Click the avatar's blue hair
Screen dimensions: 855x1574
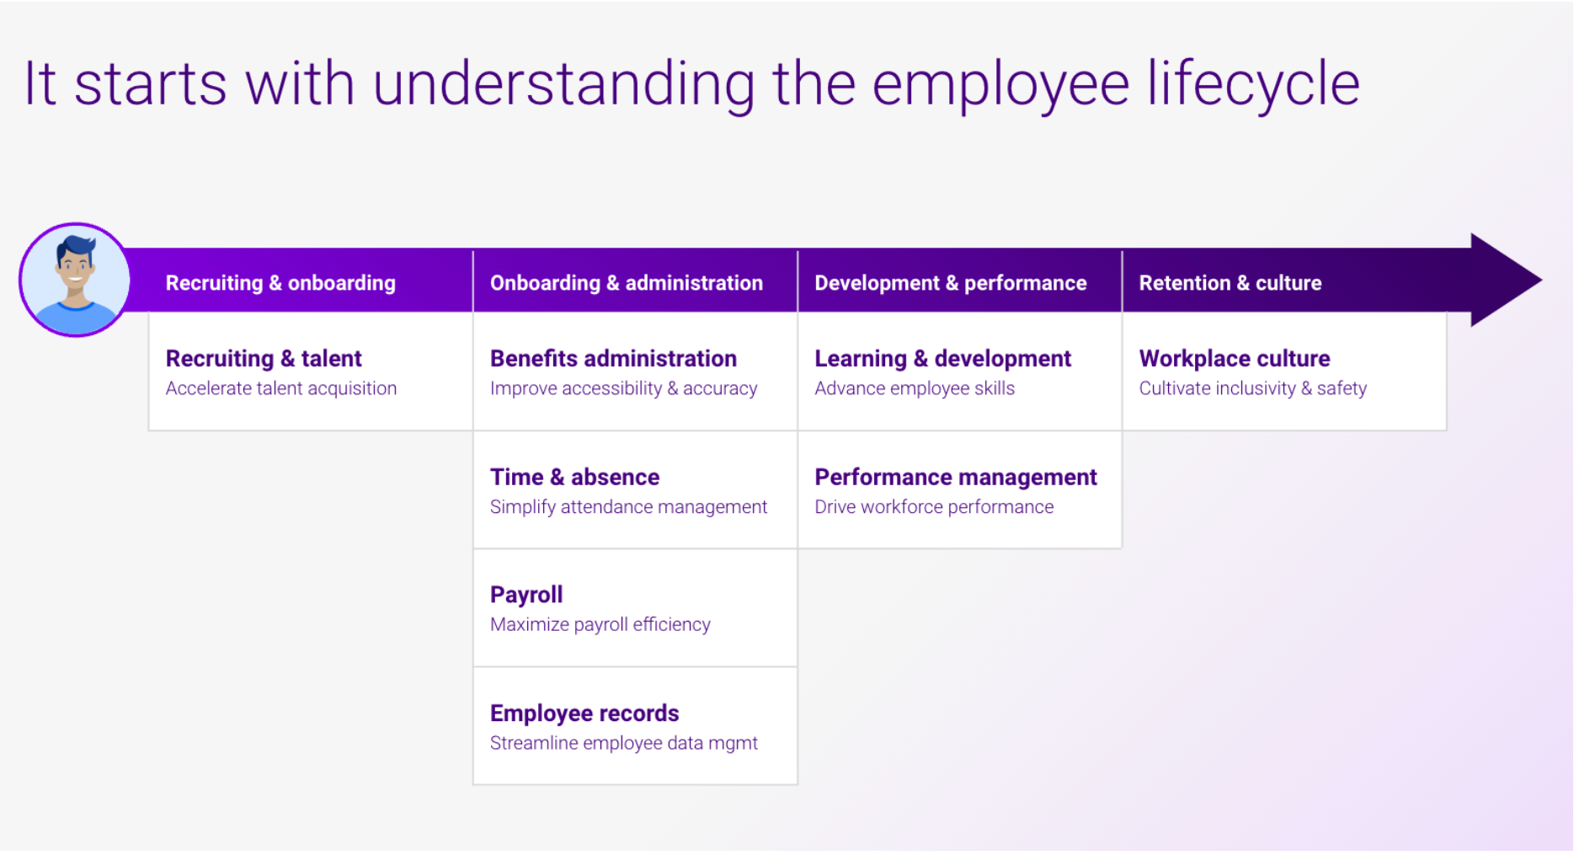tap(77, 247)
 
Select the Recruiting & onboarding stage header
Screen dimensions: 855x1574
tap(280, 283)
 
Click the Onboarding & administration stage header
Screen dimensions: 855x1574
tap(627, 283)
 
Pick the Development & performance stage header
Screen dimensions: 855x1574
tap(950, 283)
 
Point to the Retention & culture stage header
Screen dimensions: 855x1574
tap(1230, 283)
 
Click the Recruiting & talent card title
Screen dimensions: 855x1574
tap(264, 359)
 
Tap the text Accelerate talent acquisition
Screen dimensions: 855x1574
tap(280, 388)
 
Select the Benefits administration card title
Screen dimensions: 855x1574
tap(613, 359)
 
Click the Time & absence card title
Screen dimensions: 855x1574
tap(574, 477)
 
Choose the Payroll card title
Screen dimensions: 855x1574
tap(526, 595)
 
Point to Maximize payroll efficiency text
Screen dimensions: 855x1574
tap(600, 624)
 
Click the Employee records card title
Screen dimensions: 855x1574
tap(584, 713)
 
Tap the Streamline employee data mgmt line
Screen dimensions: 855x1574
tap(623, 743)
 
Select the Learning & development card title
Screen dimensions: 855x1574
tap(942, 359)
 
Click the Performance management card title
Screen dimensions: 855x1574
tap(955, 477)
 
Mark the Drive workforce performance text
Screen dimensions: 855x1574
tap(933, 507)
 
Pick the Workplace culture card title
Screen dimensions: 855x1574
tap(1234, 359)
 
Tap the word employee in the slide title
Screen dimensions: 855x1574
tap(1000, 84)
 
